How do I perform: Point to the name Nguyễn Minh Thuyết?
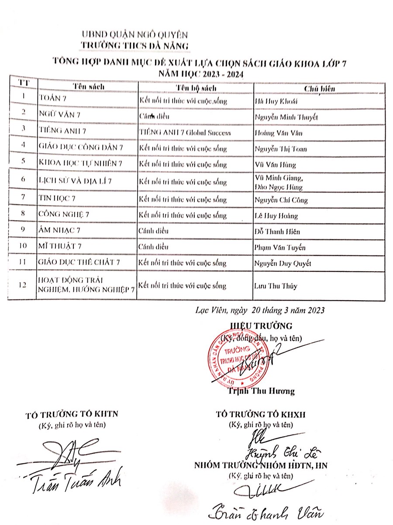(286, 117)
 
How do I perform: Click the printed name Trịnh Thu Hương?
(261, 391)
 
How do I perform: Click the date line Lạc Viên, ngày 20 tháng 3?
(259, 310)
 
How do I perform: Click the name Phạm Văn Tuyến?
(280, 247)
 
